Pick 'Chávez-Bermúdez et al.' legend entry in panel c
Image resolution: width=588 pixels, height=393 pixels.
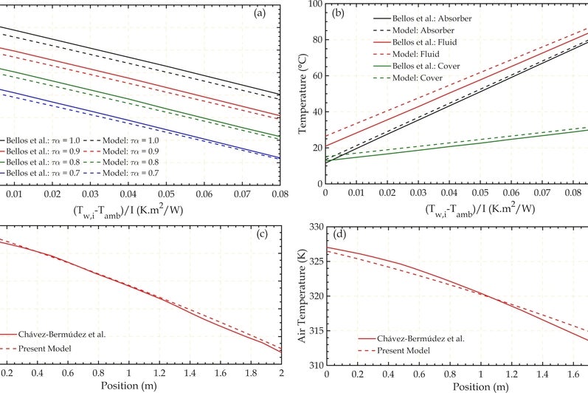click(x=63, y=334)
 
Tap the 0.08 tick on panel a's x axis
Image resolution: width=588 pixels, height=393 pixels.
click(x=279, y=194)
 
